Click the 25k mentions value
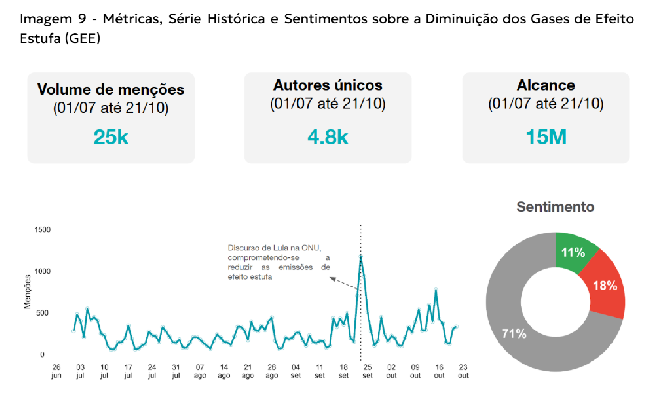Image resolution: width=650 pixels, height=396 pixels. click(x=111, y=137)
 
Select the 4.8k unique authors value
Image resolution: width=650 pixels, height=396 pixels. click(x=328, y=137)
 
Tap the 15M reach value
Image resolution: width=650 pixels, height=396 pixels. click(x=546, y=137)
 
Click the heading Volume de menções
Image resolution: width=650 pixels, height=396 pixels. click(x=111, y=89)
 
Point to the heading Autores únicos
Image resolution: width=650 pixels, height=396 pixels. click(x=328, y=85)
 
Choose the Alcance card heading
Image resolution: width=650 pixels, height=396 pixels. click(x=546, y=85)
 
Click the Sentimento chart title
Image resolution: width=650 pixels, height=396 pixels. click(x=555, y=206)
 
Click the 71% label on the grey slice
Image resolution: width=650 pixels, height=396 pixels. click(x=514, y=333)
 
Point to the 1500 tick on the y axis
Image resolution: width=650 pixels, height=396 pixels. click(x=42, y=230)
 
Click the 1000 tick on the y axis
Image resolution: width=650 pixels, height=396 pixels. click(x=42, y=271)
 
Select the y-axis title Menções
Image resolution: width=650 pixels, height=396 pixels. click(x=28, y=292)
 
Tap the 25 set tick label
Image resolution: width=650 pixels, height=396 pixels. click(x=367, y=371)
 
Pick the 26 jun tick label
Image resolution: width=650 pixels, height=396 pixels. click(x=56, y=371)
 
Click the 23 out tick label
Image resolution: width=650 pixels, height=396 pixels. click(x=463, y=371)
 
